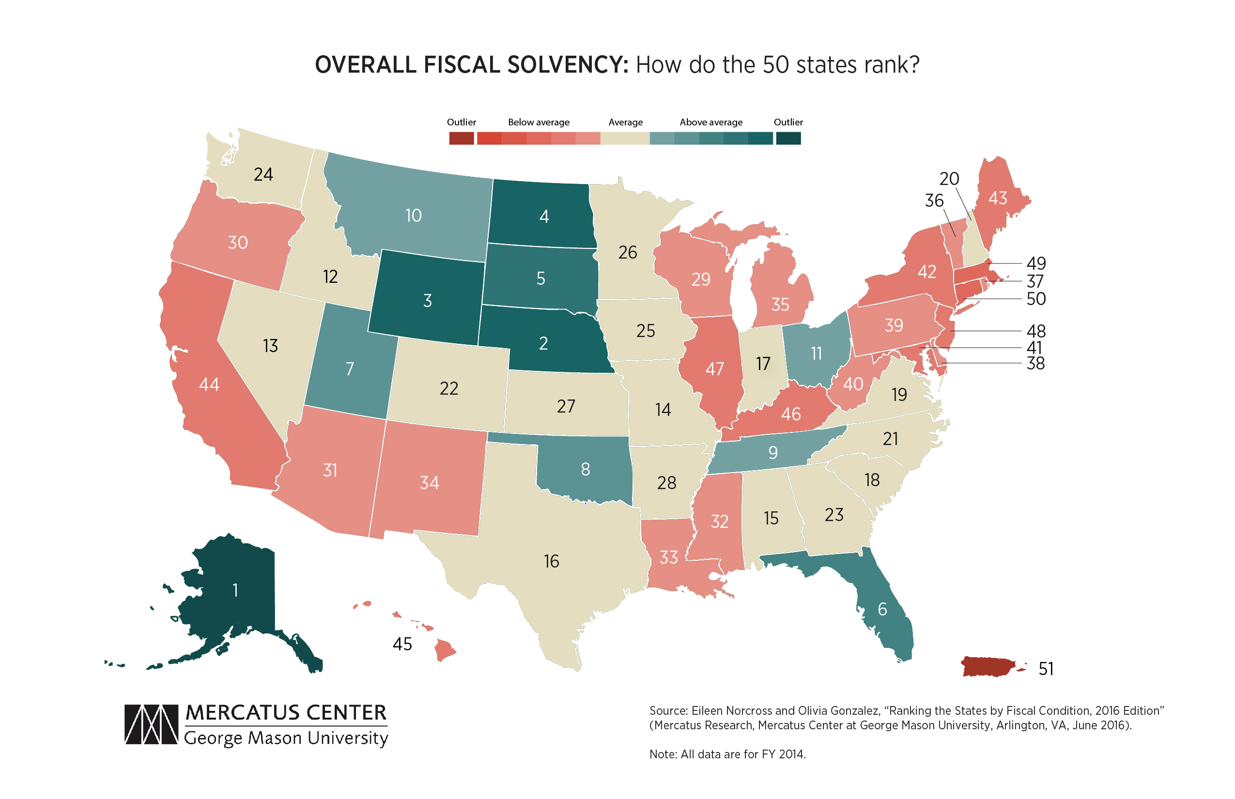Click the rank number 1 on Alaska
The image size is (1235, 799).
pyautogui.click(x=235, y=590)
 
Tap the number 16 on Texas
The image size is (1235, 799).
pyautogui.click(x=551, y=561)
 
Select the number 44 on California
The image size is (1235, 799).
pyautogui.click(x=209, y=384)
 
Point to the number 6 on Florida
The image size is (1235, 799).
pyautogui.click(x=882, y=609)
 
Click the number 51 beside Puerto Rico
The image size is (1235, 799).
pyautogui.click(x=1046, y=669)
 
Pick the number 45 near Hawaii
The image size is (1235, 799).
pyautogui.click(x=402, y=645)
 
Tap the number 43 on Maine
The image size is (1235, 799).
pyautogui.click(x=997, y=198)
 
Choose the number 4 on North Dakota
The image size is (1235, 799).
pyautogui.click(x=544, y=216)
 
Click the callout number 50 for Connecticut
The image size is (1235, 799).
pyautogui.click(x=1036, y=299)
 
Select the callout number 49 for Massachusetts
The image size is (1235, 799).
pyautogui.click(x=1036, y=263)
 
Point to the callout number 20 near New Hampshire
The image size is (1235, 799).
pyautogui.click(x=949, y=179)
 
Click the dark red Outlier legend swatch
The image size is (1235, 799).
pyautogui.click(x=461, y=138)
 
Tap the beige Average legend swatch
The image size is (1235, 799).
pyautogui.click(x=625, y=138)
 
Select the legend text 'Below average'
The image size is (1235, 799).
pyautogui.click(x=539, y=123)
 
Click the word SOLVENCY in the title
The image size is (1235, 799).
pyautogui.click(x=568, y=65)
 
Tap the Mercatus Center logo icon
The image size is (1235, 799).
pyautogui.click(x=151, y=724)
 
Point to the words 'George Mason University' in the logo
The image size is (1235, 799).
pyautogui.click(x=286, y=738)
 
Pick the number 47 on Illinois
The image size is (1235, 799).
pyautogui.click(x=714, y=369)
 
